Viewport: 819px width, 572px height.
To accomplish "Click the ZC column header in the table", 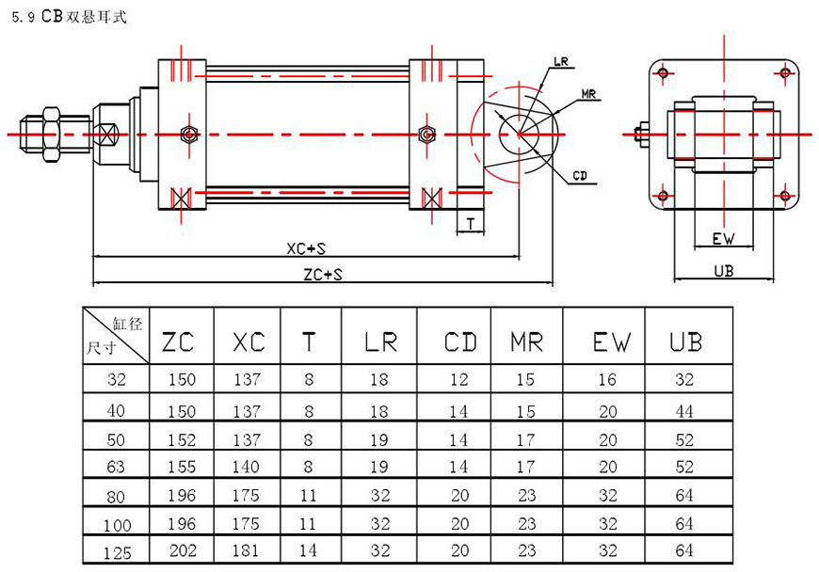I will [178, 342].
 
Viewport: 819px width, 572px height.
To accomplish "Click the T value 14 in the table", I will [309, 551].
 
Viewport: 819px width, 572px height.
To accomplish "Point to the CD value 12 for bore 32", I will [459, 380].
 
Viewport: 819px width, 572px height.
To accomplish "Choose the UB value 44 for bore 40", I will [685, 411].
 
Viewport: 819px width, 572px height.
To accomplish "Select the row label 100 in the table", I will [118, 524].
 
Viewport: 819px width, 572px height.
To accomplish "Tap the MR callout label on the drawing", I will [590, 94].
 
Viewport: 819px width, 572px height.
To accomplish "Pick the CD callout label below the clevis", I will [581, 176].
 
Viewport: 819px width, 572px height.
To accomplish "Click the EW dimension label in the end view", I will [723, 239].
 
